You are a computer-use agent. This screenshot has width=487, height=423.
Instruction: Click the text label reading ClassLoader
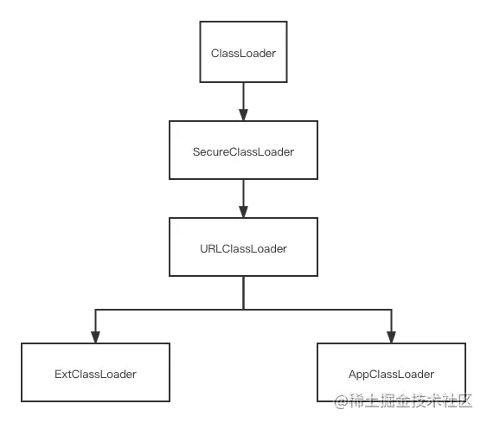(x=243, y=54)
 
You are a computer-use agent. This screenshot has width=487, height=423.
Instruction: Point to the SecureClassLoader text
(x=243, y=152)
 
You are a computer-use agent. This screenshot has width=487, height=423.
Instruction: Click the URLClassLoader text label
(x=243, y=249)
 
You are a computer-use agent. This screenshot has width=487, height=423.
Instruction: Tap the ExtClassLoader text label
(x=95, y=375)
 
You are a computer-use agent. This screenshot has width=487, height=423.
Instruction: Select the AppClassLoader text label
(x=391, y=375)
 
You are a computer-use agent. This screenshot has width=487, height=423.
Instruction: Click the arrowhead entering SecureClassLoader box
(x=243, y=114)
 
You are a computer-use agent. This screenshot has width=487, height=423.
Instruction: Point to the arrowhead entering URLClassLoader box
(x=243, y=211)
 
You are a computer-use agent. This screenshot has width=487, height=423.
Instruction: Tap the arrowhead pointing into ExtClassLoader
(x=95, y=337)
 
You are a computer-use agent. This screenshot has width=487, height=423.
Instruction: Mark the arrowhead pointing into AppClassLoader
(x=391, y=337)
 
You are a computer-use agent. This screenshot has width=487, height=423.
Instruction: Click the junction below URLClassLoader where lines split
(x=243, y=310)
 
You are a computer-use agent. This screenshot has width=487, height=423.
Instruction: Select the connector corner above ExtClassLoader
(x=95, y=310)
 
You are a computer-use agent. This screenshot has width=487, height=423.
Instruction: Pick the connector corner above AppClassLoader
(x=391, y=310)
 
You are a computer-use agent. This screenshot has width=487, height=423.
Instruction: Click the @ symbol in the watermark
(x=341, y=401)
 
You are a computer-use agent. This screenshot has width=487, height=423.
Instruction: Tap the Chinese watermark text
(x=410, y=401)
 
